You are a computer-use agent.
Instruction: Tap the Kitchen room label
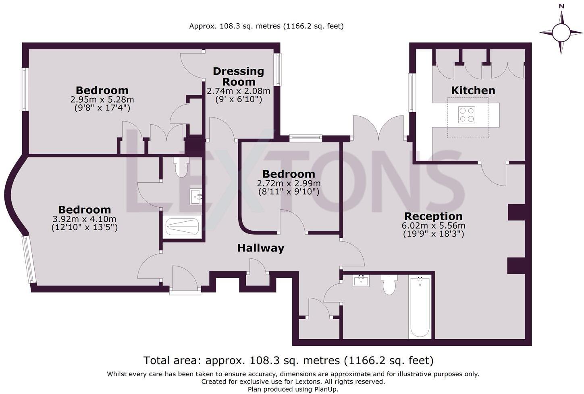[x=473, y=90]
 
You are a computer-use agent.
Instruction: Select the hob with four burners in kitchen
[x=467, y=114]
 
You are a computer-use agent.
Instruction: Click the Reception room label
[x=433, y=216]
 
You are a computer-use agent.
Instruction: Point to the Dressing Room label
[x=238, y=76]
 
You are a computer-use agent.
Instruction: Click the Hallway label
[x=261, y=248]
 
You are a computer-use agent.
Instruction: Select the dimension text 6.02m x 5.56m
[x=433, y=226]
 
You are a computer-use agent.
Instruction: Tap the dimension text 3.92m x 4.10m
[x=84, y=219]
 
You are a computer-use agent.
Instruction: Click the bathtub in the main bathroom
[x=420, y=306]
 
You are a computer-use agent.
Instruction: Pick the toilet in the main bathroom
[x=389, y=285]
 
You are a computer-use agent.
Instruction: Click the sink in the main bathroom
[x=361, y=281]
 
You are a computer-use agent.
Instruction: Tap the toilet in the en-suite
[x=181, y=167]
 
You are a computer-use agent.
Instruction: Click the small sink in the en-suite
[x=196, y=197]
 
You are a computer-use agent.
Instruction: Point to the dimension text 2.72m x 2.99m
[x=289, y=184]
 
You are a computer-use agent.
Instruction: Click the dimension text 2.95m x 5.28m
[x=102, y=99]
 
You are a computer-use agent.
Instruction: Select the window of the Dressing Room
[x=277, y=69]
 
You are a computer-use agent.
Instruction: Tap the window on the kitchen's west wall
[x=411, y=92]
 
